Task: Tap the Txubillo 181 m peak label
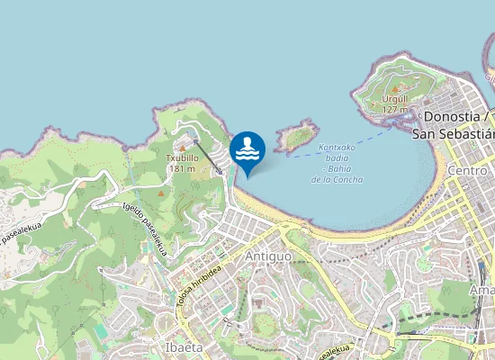[182, 162]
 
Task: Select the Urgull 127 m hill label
[395, 103]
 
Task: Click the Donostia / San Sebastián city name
[455, 124]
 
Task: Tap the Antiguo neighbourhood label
[268, 256]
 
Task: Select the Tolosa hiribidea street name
[199, 291]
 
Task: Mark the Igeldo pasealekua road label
[146, 229]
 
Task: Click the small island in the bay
[296, 137]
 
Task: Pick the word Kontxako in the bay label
[338, 148]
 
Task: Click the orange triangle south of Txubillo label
[161, 192]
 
